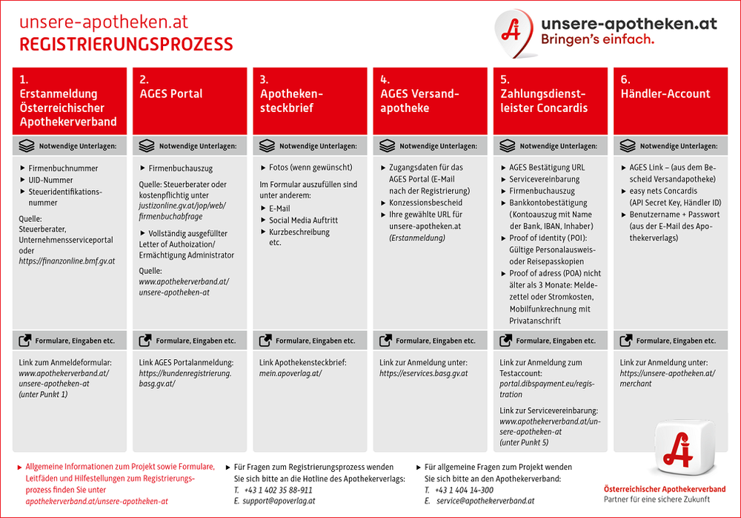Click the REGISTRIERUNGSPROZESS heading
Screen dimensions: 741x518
click(x=126, y=45)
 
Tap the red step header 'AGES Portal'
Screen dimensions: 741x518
click(x=190, y=101)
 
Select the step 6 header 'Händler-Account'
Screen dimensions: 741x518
click(x=671, y=101)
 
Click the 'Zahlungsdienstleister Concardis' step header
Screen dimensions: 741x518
click(x=551, y=101)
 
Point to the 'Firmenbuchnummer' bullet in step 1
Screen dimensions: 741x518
click(x=63, y=168)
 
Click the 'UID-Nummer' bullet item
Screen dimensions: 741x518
click(x=50, y=180)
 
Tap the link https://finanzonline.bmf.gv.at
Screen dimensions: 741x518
click(x=67, y=261)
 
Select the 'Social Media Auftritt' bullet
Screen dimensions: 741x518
click(x=303, y=220)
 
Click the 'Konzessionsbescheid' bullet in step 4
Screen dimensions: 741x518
click(x=425, y=203)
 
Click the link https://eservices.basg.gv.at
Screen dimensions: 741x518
click(x=423, y=373)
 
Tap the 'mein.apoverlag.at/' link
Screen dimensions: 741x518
click(x=290, y=373)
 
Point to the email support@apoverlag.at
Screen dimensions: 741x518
click(x=279, y=501)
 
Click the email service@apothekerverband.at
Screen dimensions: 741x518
click(x=485, y=501)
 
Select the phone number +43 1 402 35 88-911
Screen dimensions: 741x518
click(x=279, y=490)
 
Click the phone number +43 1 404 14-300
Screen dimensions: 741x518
click(x=464, y=490)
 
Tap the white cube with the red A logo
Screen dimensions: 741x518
click(x=683, y=447)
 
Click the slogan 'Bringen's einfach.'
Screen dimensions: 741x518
click(x=597, y=39)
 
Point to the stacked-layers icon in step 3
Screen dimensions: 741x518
click(x=267, y=146)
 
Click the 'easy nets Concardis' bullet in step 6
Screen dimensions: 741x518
click(x=663, y=191)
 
